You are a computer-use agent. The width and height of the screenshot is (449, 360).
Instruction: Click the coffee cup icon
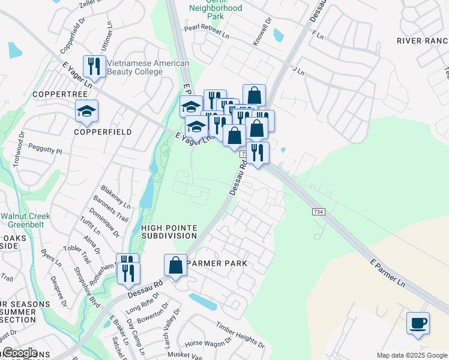(x=418, y=323)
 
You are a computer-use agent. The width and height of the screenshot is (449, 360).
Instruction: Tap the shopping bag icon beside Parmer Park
(x=175, y=265)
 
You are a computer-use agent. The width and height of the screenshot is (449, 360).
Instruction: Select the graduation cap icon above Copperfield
(x=86, y=112)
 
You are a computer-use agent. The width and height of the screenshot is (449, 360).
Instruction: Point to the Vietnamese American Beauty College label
(x=139, y=67)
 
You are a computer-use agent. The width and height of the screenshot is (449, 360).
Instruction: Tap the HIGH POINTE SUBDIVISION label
(x=169, y=232)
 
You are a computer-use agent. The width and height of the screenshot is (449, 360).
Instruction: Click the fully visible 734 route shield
(x=319, y=212)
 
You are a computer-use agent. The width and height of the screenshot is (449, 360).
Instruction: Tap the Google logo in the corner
(x=19, y=353)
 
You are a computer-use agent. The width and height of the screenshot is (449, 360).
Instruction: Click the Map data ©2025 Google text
(x=412, y=355)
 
